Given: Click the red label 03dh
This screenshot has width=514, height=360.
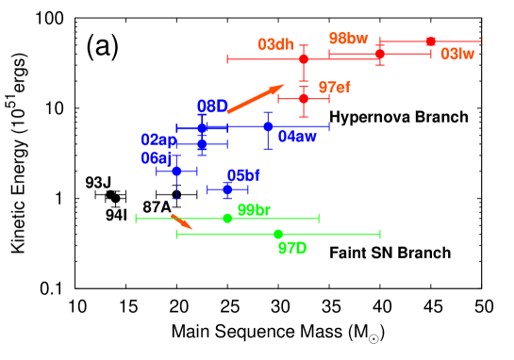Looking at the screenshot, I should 275,44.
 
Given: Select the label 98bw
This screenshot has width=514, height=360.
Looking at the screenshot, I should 348,39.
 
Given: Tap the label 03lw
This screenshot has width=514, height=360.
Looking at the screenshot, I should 457,55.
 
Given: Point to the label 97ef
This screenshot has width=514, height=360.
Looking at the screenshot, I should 334,88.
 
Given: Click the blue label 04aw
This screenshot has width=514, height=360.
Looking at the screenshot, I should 297,137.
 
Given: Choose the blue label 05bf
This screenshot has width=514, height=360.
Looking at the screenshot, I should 243,175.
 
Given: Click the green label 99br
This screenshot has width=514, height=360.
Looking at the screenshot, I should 254,210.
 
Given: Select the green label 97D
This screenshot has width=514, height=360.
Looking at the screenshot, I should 292,248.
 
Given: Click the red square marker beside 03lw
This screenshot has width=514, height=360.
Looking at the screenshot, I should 431,41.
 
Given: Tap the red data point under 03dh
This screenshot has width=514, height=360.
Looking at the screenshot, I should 304,59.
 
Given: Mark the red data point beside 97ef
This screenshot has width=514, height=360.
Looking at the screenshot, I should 304,98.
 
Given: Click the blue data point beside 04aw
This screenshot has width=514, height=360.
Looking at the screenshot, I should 268,126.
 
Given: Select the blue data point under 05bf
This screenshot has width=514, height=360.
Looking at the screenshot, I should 227,189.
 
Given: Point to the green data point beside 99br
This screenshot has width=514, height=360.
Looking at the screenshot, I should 227,218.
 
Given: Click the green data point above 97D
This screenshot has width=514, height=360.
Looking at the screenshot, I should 278,234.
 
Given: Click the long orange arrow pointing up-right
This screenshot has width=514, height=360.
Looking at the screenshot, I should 255,99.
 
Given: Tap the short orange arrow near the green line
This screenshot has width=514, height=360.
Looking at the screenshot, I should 181,221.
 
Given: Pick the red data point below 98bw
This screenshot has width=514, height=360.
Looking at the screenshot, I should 380,54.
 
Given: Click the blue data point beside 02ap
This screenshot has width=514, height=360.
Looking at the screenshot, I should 202,144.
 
